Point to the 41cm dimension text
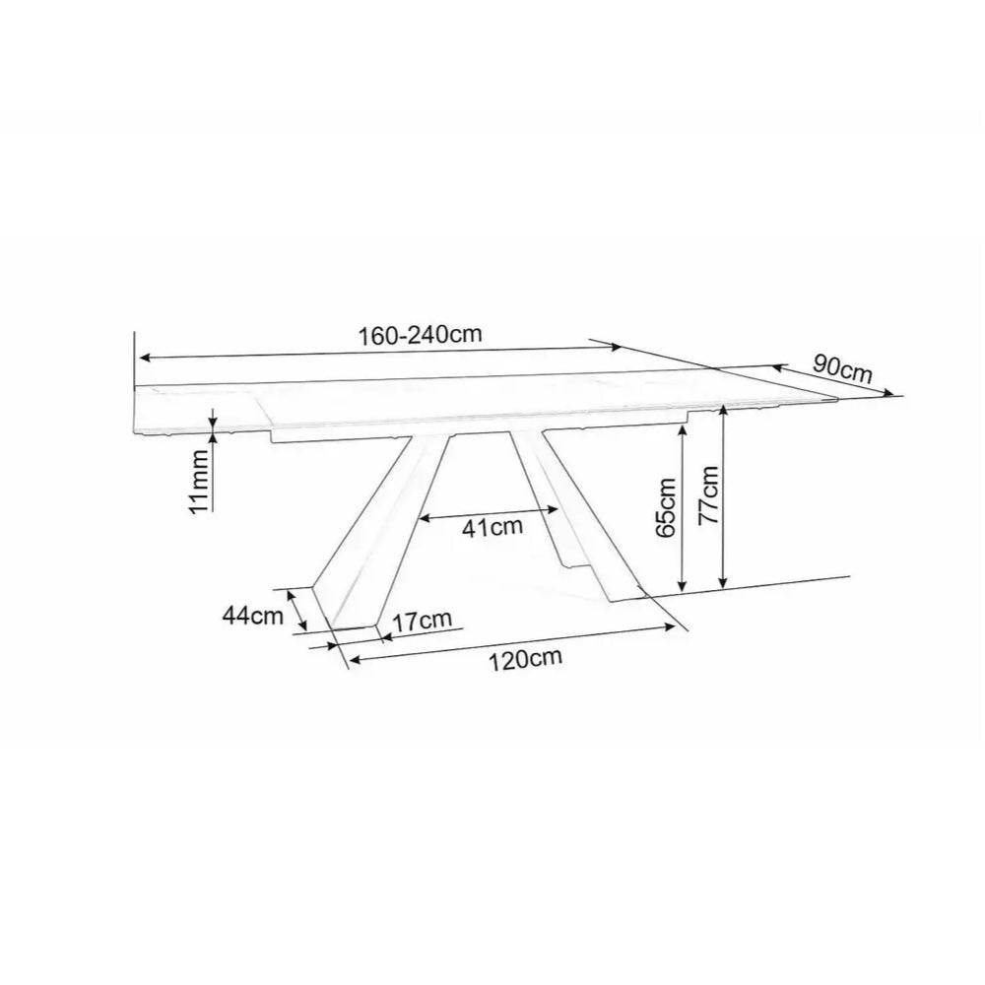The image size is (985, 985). tap(492, 528)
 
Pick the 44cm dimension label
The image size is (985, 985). tap(247, 616)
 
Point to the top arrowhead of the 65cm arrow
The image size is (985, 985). tap(682, 431)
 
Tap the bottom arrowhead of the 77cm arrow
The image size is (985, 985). tap(724, 584)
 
